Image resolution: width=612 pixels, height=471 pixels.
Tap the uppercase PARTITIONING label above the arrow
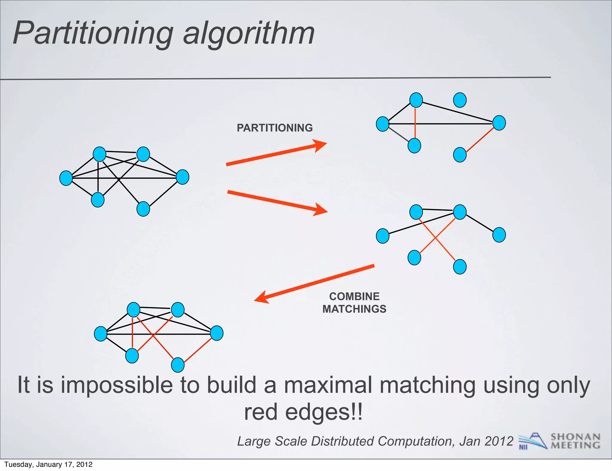click(x=275, y=128)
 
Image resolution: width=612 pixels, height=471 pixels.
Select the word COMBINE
click(x=354, y=296)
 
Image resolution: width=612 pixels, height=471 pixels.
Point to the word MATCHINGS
click(x=354, y=309)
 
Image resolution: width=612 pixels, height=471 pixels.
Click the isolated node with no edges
click(x=460, y=100)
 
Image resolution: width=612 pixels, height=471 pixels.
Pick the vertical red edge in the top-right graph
click(x=415, y=123)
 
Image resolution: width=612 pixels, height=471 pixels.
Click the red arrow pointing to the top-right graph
click(x=276, y=154)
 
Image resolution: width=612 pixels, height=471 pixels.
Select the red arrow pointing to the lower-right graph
click(x=277, y=202)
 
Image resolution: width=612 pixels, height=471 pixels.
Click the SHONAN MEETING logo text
click(x=575, y=441)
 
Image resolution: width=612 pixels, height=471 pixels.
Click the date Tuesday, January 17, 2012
click(x=48, y=464)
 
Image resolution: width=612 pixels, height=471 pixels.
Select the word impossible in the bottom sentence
click(x=117, y=385)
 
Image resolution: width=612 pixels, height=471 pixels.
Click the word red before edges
click(x=261, y=412)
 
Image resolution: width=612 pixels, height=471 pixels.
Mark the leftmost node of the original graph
click(x=66, y=178)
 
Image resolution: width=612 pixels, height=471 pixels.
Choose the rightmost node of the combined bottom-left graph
click(x=217, y=333)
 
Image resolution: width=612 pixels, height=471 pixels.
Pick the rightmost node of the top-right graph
click(x=499, y=123)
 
